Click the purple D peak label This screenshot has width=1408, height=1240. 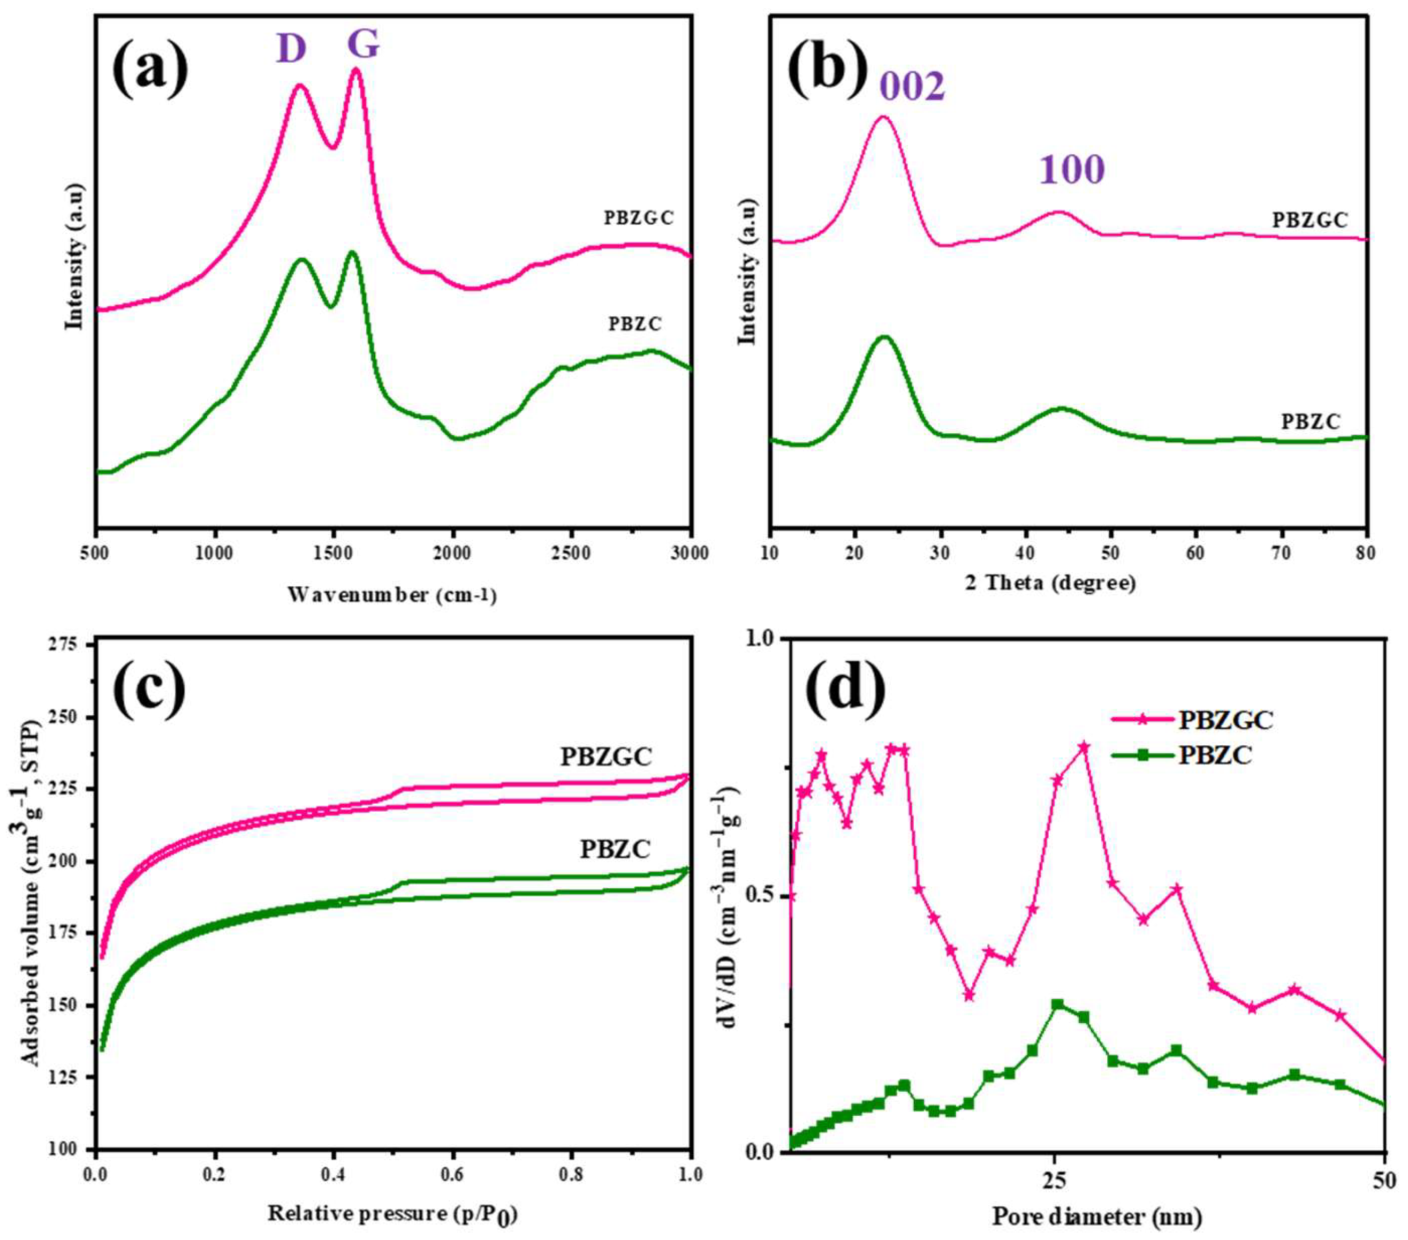point(291,48)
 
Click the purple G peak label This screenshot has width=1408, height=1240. point(363,45)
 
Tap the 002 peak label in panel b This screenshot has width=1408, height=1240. point(913,87)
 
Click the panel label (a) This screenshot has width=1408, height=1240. point(150,69)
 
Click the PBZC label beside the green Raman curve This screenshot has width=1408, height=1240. point(634,324)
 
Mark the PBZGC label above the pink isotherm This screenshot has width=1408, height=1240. point(605,757)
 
